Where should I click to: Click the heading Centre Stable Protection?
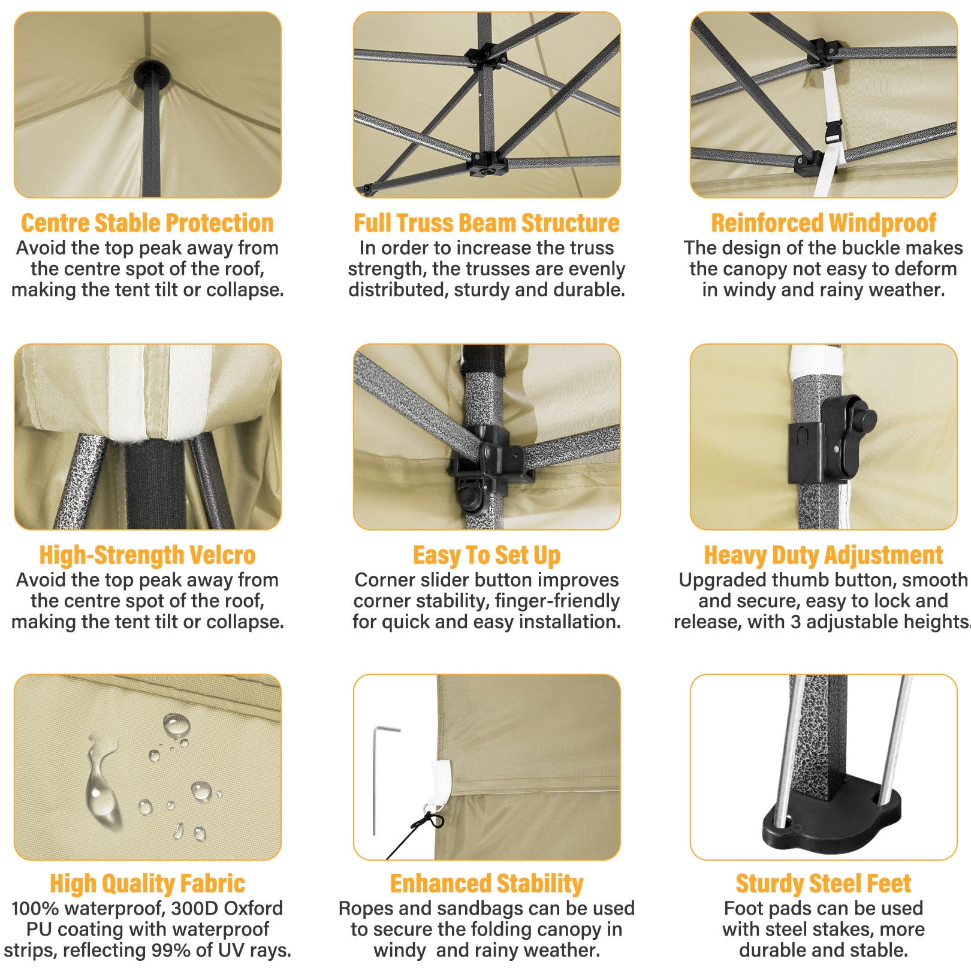147,223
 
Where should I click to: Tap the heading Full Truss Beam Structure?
486,223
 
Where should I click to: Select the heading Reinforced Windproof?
824,223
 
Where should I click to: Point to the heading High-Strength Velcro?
147,555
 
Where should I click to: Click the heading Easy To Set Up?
486,555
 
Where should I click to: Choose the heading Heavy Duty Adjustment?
824,555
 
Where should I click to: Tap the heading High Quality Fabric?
147,883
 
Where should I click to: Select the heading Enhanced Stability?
486,883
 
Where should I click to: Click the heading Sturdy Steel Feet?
824,883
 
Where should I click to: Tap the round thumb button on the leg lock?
866,418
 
